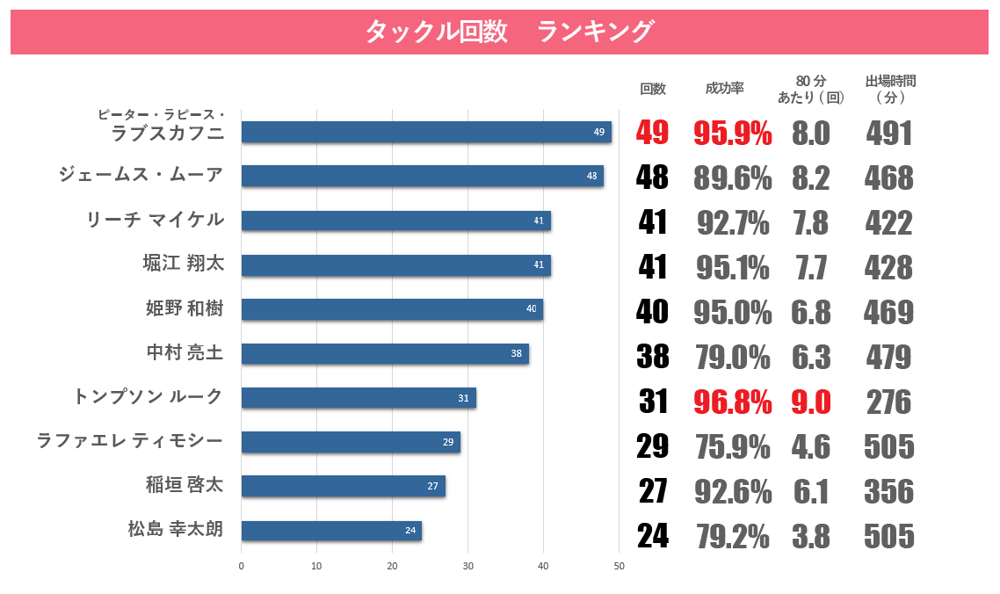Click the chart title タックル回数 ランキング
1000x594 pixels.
(x=509, y=32)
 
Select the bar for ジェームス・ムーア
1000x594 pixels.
(x=422, y=176)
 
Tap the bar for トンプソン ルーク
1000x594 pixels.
(x=359, y=398)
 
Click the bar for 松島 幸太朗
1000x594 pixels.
(x=331, y=531)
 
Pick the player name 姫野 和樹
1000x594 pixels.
(x=185, y=308)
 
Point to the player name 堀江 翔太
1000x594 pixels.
(x=184, y=264)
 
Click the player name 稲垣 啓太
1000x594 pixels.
(x=185, y=485)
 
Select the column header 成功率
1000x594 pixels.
(x=724, y=89)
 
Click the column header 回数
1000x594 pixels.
(x=653, y=89)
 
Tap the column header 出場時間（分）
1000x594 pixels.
(x=890, y=89)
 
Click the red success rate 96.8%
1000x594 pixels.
(x=733, y=402)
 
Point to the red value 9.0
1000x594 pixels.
(x=810, y=402)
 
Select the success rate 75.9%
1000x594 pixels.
(x=733, y=447)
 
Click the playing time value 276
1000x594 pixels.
(x=888, y=402)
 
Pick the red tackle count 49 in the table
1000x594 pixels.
(x=653, y=134)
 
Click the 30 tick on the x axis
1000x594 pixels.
(x=467, y=566)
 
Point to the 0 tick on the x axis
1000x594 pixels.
(x=242, y=566)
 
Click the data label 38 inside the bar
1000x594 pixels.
(x=516, y=354)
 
